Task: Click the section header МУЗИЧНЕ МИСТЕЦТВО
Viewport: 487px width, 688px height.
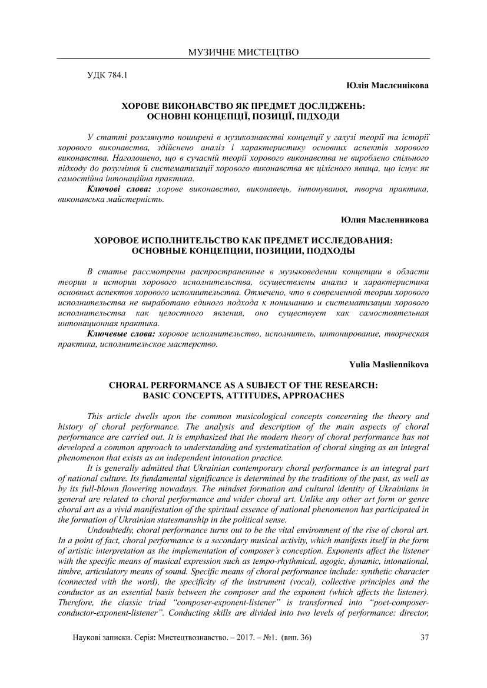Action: point(243,52)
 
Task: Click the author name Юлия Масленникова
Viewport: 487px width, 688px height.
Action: point(385,220)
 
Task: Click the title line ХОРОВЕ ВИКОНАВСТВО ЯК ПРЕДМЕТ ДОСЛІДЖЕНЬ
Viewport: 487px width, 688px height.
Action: point(243,106)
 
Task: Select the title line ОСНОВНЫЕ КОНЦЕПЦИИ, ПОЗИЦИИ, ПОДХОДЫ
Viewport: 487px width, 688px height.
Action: point(243,251)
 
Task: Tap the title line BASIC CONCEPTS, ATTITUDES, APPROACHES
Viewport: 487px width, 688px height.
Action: point(243,395)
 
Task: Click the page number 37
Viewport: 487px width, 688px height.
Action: point(425,637)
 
